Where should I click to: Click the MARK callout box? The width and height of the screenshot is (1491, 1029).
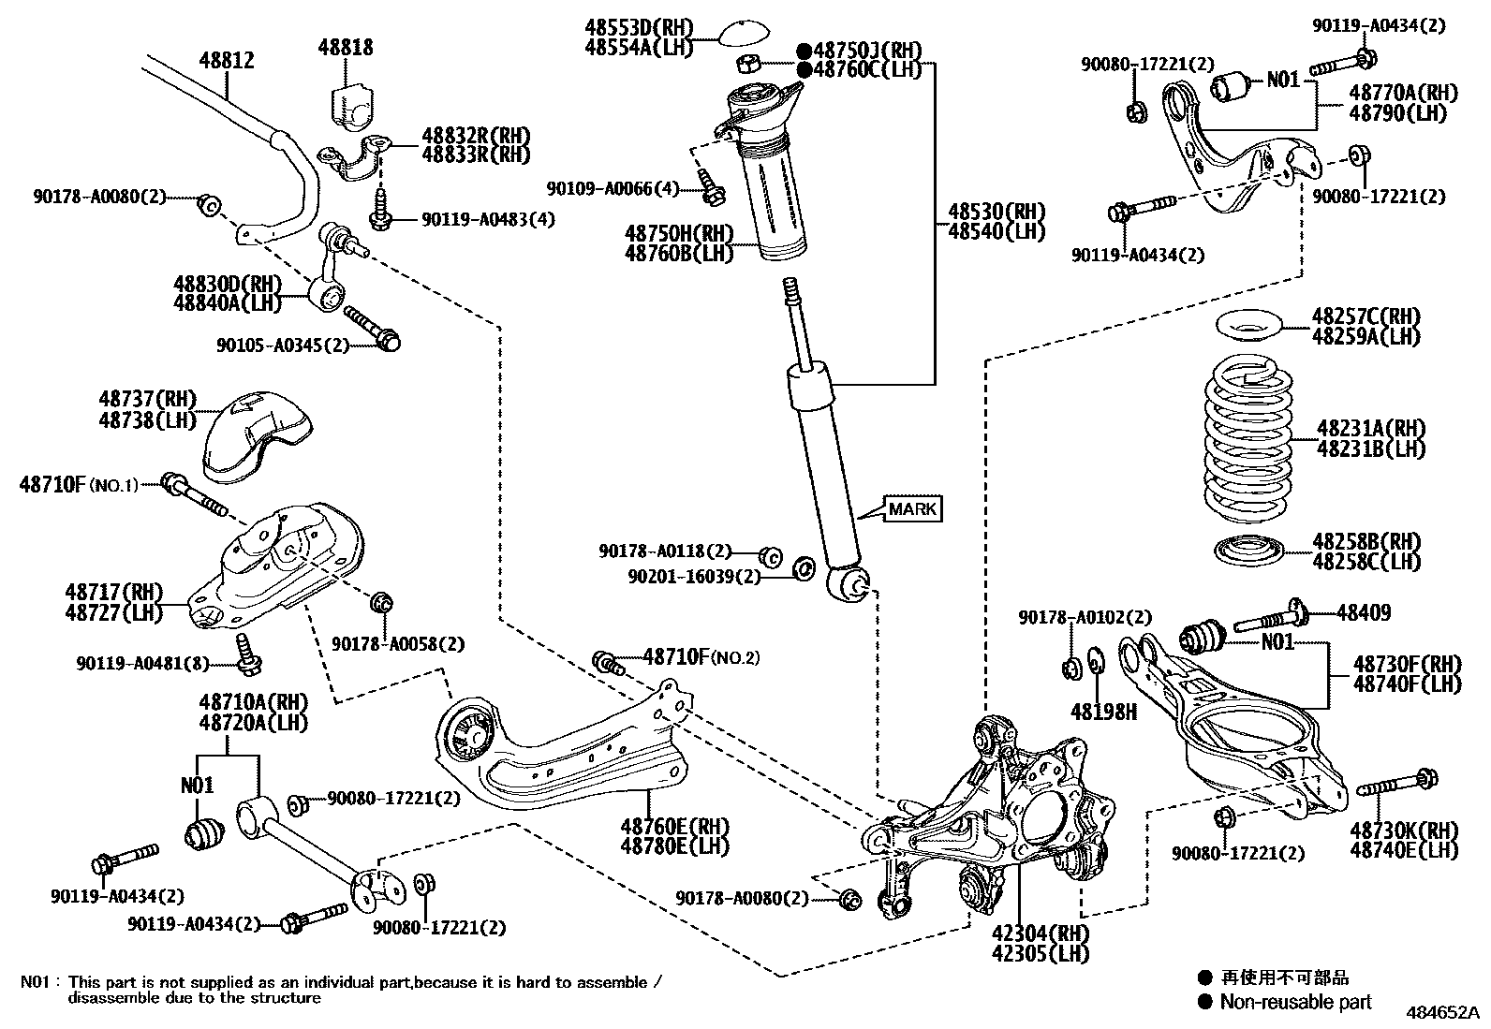click(912, 509)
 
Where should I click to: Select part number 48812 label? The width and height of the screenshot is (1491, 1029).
click(226, 61)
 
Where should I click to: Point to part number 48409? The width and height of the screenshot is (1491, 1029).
click(1363, 613)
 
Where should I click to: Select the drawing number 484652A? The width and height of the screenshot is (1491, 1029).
click(1439, 1013)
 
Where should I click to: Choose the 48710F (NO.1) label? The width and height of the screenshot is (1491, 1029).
click(79, 484)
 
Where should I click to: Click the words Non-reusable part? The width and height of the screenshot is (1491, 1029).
click(1295, 1003)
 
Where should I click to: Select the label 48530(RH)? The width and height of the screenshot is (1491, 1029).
click(996, 213)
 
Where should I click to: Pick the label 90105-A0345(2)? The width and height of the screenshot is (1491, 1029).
click(282, 345)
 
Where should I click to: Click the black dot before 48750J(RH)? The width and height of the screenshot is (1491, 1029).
click(804, 51)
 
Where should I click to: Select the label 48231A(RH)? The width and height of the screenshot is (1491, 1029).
click(1370, 429)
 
